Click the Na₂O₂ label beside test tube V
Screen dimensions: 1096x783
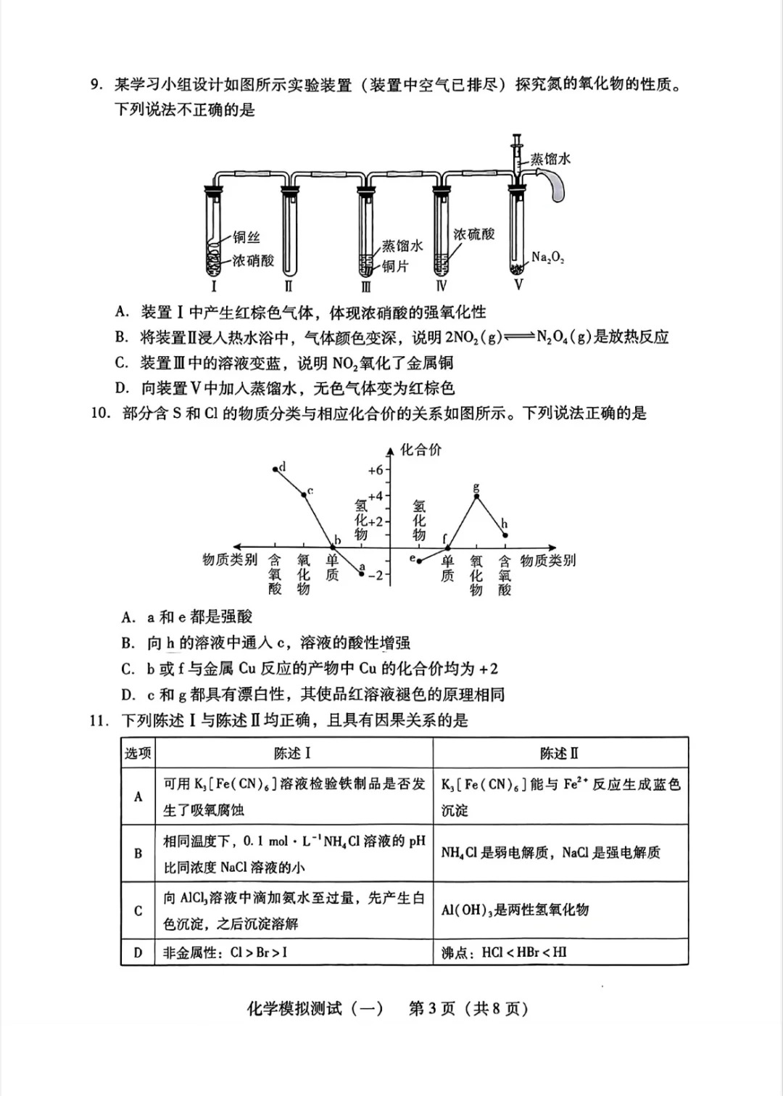coord(547,257)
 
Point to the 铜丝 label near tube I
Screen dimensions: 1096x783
coord(246,237)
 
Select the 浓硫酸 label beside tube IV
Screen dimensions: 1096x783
coord(473,234)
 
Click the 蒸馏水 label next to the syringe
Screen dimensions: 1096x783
coord(550,158)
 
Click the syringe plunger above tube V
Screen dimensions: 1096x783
coord(516,142)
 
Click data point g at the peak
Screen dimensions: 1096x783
coord(476,495)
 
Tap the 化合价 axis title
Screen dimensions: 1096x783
coord(420,450)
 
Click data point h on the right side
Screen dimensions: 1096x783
coord(505,535)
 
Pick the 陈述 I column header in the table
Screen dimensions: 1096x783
coord(293,753)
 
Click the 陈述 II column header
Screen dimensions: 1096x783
coord(559,753)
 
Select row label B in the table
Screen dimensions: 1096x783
coord(138,853)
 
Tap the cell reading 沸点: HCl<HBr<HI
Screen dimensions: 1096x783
coord(504,952)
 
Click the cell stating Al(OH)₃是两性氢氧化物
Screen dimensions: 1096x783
coord(515,910)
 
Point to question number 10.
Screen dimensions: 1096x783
coord(100,413)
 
